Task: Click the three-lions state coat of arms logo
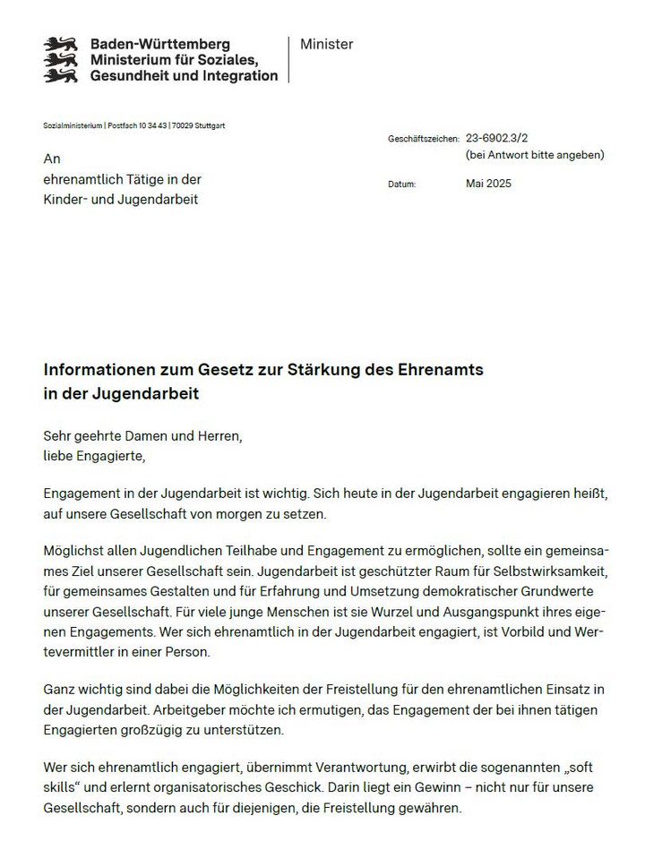(x=62, y=60)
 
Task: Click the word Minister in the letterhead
(x=327, y=44)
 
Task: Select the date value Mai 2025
(x=489, y=184)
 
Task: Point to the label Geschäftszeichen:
(x=424, y=140)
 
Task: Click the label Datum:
(x=402, y=185)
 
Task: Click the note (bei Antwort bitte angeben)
(x=535, y=155)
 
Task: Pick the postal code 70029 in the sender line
(x=174, y=125)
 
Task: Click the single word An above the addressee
(x=52, y=159)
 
